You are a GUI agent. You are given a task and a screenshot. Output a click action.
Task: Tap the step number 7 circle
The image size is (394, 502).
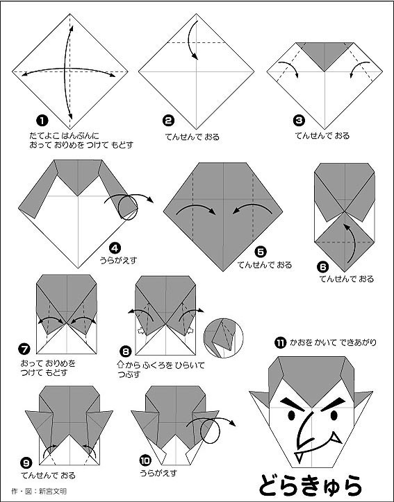click(x=26, y=349)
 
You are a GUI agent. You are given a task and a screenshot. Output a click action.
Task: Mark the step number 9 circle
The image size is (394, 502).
click(x=26, y=462)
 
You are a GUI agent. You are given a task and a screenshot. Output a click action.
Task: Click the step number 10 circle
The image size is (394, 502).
click(x=144, y=458)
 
